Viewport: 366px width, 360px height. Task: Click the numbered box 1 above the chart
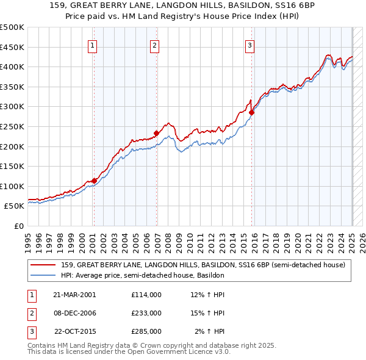(x=92, y=45)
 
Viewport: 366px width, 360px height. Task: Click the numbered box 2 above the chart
(x=155, y=45)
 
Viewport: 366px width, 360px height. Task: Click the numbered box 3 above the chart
(x=250, y=45)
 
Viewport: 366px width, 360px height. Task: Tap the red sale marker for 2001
(x=94, y=180)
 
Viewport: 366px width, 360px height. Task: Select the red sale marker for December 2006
(x=156, y=133)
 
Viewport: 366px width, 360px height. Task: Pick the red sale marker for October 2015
(x=251, y=112)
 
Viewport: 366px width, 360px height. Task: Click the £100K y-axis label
(x=12, y=186)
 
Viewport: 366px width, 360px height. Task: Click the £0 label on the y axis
(x=20, y=226)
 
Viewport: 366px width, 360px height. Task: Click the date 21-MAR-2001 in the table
(x=74, y=295)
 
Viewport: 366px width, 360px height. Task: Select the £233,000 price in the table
(x=146, y=313)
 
